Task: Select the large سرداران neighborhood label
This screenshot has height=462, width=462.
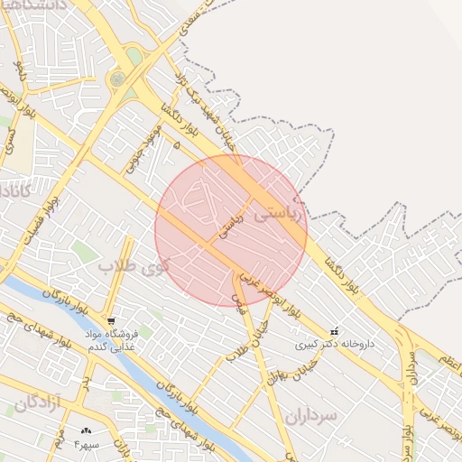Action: (x=310, y=415)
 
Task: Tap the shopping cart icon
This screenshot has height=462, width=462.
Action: (x=110, y=320)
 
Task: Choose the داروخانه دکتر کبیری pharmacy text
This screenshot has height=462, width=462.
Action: (x=334, y=344)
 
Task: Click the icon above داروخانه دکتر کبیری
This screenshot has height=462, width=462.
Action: (x=335, y=331)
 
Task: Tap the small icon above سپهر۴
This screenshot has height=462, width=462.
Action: (x=87, y=432)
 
